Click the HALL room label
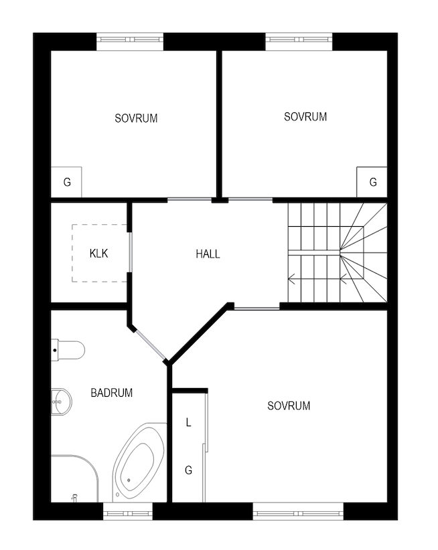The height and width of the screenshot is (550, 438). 208,254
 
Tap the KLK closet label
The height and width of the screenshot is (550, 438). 98,253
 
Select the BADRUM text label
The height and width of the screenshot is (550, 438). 112,393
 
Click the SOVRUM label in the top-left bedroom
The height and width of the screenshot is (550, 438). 136,118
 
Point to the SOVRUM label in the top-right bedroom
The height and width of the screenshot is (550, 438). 305,117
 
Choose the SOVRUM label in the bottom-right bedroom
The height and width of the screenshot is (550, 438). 289,406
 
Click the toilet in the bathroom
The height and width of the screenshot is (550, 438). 68,350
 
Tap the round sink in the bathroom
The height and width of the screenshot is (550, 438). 62,402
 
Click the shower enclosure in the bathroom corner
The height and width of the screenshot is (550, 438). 75,478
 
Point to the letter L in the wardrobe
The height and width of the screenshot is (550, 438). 188,422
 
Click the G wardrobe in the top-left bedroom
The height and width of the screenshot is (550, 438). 67,182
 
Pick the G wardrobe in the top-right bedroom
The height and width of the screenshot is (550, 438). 372,182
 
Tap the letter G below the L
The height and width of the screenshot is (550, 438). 188,470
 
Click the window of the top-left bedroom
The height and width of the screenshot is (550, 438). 130,41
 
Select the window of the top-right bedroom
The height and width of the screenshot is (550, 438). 299,41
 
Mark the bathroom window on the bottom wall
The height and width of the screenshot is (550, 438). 128,511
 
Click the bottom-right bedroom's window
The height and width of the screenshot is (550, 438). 298,511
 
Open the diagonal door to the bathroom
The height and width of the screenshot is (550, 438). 150,345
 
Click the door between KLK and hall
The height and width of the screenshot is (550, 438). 130,252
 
